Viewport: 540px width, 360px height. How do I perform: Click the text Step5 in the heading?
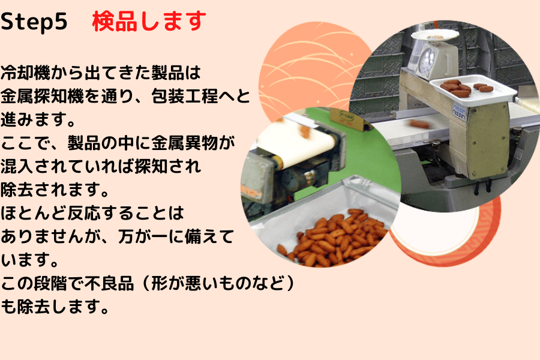(x=34, y=22)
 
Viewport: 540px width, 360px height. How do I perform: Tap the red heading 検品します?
(x=149, y=22)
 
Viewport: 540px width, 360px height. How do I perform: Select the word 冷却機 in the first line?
(x=25, y=73)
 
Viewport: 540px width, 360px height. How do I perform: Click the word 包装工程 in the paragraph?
(x=185, y=96)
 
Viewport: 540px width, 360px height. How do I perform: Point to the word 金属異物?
(x=185, y=143)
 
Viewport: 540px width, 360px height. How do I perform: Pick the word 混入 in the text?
(x=17, y=166)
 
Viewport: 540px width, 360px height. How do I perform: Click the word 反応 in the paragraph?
(x=85, y=213)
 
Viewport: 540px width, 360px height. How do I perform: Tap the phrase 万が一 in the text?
(x=143, y=236)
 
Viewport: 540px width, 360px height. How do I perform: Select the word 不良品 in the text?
(x=110, y=283)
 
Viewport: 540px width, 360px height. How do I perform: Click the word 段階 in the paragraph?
(x=50, y=283)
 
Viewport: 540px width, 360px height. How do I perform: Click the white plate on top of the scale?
(x=435, y=35)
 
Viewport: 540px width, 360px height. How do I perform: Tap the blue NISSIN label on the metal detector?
(x=459, y=110)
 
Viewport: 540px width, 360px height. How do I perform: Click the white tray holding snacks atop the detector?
(x=473, y=89)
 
